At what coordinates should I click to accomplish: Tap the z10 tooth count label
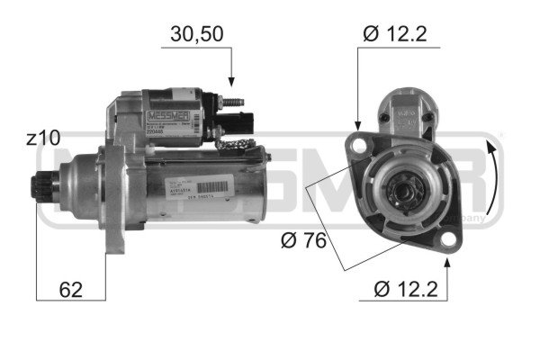[x=43, y=139]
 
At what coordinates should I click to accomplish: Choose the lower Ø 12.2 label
[x=407, y=290]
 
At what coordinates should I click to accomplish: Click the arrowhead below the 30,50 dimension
[x=232, y=81]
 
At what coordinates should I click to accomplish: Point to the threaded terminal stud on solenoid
[x=238, y=101]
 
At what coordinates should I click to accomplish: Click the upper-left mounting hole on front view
[x=360, y=142]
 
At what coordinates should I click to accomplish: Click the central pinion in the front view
[x=402, y=190]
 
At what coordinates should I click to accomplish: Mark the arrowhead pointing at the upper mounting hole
[x=358, y=127]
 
